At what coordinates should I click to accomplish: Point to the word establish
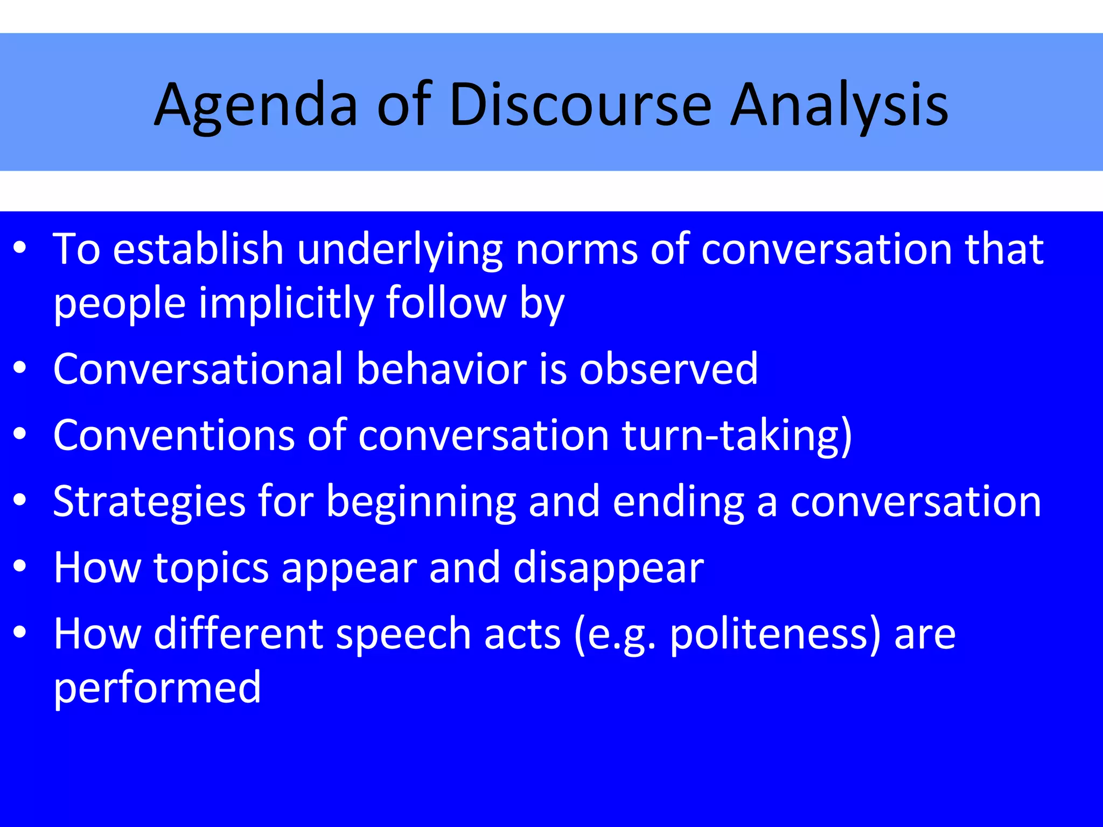(x=198, y=249)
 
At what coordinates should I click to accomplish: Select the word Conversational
(x=198, y=369)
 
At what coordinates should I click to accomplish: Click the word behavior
(x=441, y=369)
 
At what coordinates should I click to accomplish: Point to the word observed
(x=668, y=369)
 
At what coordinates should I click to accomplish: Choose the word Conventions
(x=174, y=435)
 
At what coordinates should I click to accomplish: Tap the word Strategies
(x=150, y=502)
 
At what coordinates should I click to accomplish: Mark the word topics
(x=211, y=569)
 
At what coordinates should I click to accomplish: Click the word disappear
(x=609, y=569)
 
